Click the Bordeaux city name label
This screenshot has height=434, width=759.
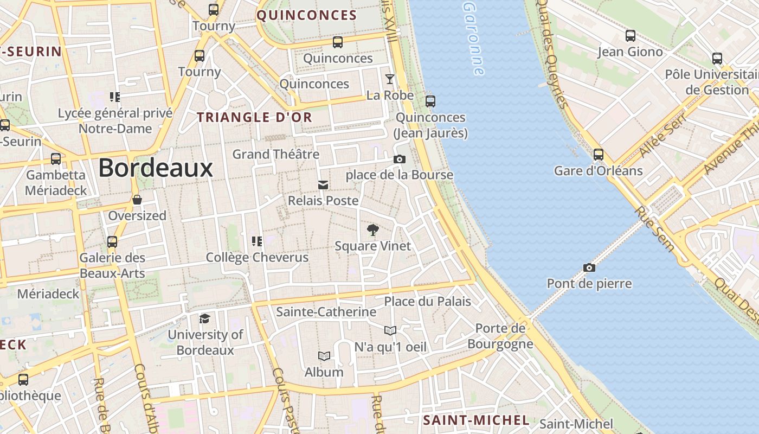pos(156,168)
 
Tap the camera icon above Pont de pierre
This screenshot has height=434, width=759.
pos(589,267)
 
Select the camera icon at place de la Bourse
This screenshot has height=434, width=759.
pos(400,159)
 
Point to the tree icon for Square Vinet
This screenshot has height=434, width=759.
pos(372,230)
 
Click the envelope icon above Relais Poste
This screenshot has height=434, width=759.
pos(323,185)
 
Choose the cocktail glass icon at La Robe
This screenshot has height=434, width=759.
pos(390,79)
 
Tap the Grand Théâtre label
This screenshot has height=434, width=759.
pos(276,154)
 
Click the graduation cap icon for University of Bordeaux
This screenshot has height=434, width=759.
pos(204,318)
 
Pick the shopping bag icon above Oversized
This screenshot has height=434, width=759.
pos(137,200)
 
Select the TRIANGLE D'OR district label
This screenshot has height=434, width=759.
pos(254,117)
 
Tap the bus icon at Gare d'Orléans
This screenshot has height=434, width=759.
pos(599,155)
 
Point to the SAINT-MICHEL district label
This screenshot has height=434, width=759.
pos(476,420)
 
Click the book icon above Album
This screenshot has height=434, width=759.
pos(324,356)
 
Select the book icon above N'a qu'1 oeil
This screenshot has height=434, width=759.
pos(390,330)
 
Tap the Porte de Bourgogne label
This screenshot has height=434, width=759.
pos(500,336)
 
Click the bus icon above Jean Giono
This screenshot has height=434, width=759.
pos(631,36)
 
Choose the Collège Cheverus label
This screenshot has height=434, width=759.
pos(257,257)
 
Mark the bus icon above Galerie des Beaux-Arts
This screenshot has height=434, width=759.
pos(112,241)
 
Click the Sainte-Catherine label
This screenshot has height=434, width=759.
pos(326,312)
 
